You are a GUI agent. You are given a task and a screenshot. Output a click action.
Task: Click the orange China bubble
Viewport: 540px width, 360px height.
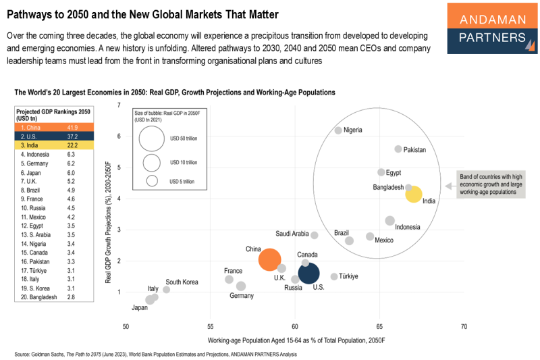pyautogui.click(x=270, y=259)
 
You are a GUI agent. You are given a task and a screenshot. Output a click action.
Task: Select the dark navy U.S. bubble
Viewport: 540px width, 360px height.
pyautogui.click(x=308, y=273)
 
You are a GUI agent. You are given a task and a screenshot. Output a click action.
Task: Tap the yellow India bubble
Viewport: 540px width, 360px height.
pyautogui.click(x=414, y=195)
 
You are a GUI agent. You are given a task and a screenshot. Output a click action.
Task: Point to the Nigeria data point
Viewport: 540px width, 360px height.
pyautogui.click(x=338, y=130)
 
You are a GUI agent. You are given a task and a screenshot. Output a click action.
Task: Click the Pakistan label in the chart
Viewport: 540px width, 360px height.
pyautogui.click(x=415, y=150)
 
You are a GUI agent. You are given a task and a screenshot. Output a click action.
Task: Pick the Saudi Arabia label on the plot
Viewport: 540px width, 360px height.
pyautogui.click(x=292, y=234)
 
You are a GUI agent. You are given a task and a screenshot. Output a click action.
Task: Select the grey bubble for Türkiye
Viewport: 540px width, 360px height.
pyautogui.click(x=334, y=276)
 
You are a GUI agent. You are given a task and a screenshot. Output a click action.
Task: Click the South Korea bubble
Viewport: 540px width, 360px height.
pyautogui.click(x=167, y=289)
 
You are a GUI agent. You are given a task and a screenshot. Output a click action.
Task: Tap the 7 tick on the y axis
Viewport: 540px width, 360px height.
pyautogui.click(x=119, y=105)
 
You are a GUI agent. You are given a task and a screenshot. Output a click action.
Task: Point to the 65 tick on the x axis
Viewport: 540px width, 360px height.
pyautogui.click(x=379, y=326)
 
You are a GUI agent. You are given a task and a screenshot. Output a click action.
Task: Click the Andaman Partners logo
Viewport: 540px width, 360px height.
pyautogui.click(x=492, y=28)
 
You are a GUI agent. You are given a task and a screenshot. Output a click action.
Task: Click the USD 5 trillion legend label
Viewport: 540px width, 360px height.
pyautogui.click(x=183, y=181)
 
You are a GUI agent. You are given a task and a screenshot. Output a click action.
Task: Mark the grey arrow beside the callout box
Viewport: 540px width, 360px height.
pyautogui.click(x=448, y=184)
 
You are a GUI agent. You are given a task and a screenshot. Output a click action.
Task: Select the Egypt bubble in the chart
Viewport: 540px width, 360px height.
pyautogui.click(x=381, y=172)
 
